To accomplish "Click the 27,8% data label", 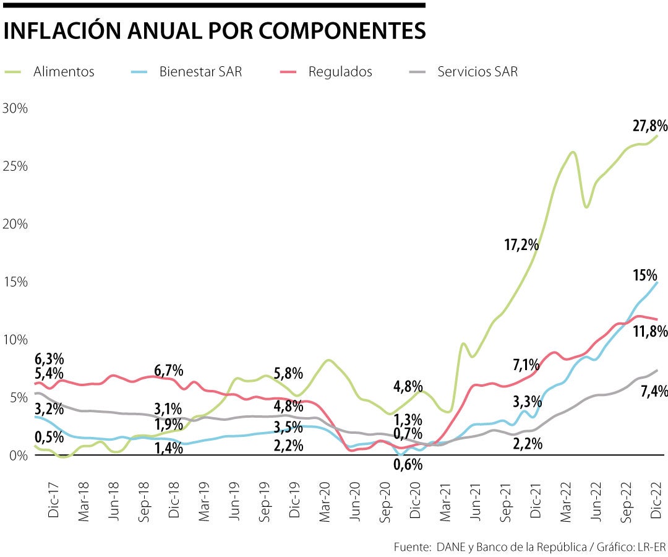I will pos(649,126).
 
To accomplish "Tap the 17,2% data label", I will pos(521,244).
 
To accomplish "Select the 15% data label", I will pos(645,275).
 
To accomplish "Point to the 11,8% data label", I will pos(649,332).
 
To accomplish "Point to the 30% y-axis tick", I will pos(15,108).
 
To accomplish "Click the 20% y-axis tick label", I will pos(15,223).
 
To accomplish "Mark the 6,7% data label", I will pos(169,371).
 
